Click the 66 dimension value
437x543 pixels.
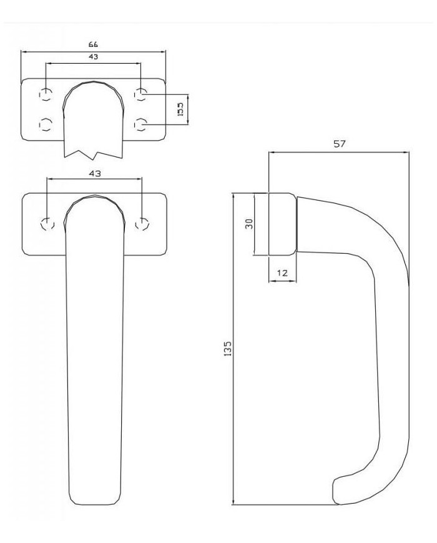tap(94, 44)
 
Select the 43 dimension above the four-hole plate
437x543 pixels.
tap(94, 57)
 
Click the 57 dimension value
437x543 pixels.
tap(339, 144)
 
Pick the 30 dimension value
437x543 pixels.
tap(248, 224)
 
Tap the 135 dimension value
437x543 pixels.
tap(228, 349)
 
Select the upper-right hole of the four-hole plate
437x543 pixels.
tap(142, 95)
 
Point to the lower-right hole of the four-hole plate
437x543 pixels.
tap(142, 126)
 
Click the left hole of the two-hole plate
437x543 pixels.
tap(47, 224)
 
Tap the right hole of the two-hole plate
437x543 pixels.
tap(143, 224)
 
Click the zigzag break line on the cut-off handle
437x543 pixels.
tap(94, 152)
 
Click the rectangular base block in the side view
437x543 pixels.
tap(282, 224)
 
